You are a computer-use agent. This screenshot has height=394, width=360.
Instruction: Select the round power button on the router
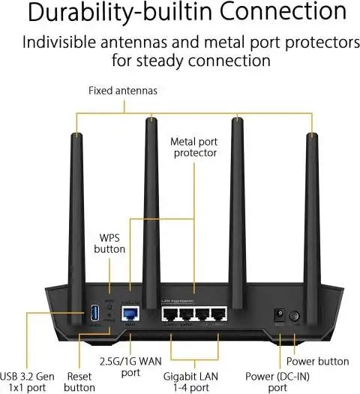coord(294,317)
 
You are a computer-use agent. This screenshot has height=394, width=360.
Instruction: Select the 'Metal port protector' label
coord(193,146)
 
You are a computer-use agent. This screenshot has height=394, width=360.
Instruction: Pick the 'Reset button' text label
coord(79,380)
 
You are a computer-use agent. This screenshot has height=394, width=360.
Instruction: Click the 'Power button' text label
coord(317,360)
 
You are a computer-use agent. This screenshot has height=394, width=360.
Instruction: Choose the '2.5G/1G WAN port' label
coord(130,365)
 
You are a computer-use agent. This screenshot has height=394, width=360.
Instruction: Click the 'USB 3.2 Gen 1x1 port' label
coord(28,380)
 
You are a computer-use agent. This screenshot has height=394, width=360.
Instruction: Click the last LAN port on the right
coord(218,314)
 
